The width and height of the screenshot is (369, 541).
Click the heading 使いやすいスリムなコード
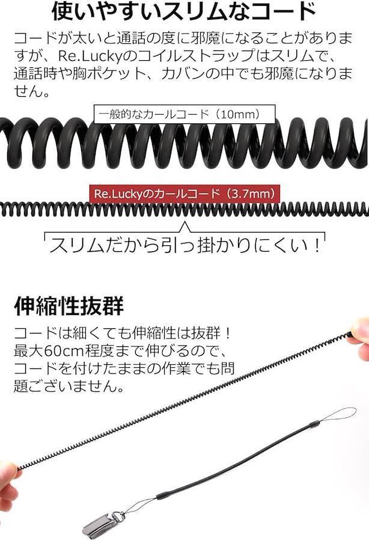tap(184, 11)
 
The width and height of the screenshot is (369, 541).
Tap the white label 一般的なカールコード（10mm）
tap(184, 114)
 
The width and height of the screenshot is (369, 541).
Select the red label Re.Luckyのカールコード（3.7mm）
tap(184, 194)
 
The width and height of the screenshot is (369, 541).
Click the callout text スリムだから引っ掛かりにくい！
tap(185, 245)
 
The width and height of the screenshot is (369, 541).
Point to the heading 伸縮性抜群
tap(69, 305)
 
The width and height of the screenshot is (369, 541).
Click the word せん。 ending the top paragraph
tap(32, 91)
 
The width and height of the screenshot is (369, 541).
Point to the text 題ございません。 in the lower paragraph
tap(69, 386)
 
